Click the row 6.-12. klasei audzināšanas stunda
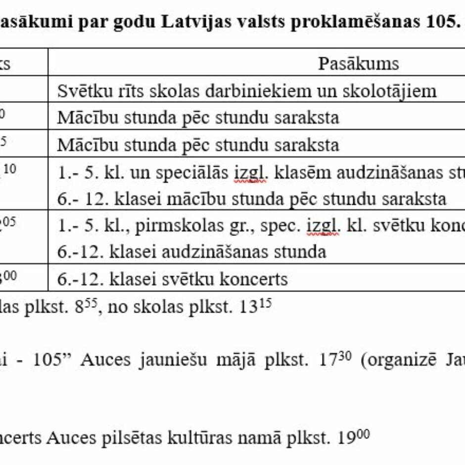[191, 252]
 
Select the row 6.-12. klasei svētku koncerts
[172, 279]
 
